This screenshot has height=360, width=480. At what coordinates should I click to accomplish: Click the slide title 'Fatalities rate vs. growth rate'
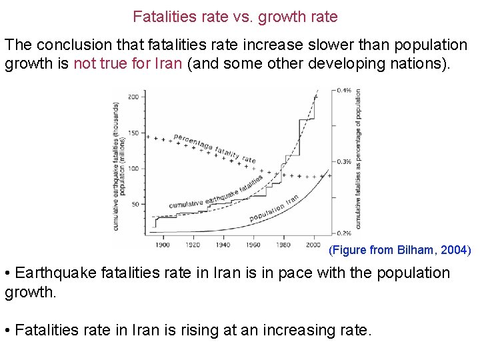[235, 17]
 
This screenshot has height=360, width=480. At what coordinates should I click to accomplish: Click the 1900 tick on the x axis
[162, 245]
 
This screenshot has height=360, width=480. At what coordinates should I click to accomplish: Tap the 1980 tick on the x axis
[283, 245]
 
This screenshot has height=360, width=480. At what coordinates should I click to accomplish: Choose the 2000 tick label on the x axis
[313, 245]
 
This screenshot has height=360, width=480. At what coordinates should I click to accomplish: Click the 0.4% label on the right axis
[344, 91]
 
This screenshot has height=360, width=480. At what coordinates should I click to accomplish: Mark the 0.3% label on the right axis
[344, 162]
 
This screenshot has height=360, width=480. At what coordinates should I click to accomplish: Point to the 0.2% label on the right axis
[344, 233]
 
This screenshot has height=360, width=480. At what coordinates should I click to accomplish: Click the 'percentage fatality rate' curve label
[213, 147]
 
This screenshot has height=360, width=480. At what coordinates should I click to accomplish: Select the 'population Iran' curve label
[273, 209]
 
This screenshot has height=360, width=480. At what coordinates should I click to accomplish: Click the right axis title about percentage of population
[358, 160]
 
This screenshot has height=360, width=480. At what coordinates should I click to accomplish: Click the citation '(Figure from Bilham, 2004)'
[400, 250]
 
